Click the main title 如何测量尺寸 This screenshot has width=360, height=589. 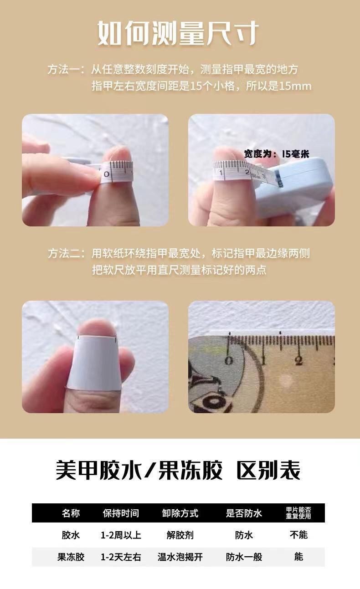tap(178, 33)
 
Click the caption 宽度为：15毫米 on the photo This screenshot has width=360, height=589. tap(277, 154)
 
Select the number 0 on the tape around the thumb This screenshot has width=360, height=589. tap(107, 174)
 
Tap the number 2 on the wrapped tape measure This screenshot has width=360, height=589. tap(247, 172)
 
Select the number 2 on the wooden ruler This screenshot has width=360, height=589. tap(298, 360)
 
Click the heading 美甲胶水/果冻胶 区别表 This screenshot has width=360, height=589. tap(178, 470)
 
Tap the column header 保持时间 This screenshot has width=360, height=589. tap(121, 513)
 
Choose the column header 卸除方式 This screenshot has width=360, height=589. tap(180, 513)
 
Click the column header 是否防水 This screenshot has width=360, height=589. tap(244, 513)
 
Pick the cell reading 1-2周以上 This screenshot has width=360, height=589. tap(121, 535)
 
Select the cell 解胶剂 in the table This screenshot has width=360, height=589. tap(180, 535)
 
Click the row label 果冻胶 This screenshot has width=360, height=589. tap(71, 557)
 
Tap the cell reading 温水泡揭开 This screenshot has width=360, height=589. tap(180, 557)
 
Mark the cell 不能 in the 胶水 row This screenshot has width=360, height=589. tap(298, 535)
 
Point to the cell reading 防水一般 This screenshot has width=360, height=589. tap(244, 557)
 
